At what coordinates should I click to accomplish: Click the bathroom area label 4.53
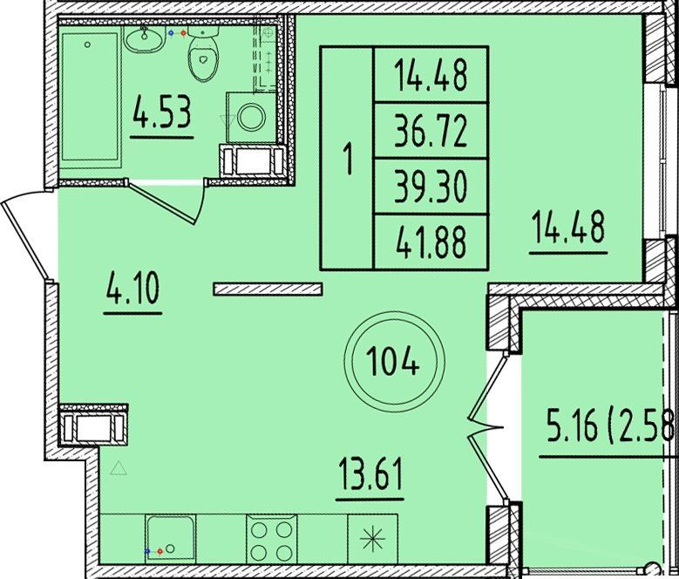(162, 112)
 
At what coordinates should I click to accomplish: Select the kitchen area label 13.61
(370, 473)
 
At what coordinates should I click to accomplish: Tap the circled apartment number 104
(393, 362)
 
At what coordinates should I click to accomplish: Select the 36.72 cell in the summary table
(431, 131)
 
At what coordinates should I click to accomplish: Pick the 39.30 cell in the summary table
(431, 187)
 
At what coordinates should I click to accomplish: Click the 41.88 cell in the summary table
(431, 242)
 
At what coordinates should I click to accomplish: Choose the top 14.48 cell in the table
(431, 74)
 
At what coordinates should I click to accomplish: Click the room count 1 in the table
(347, 159)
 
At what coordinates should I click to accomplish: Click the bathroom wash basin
(145, 39)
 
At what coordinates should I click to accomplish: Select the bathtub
(90, 102)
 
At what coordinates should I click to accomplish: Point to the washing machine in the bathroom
(251, 118)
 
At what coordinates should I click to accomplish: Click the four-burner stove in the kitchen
(272, 539)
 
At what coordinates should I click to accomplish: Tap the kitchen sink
(170, 539)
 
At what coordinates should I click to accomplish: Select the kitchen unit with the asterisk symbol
(372, 539)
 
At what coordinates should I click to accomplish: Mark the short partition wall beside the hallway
(268, 289)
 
